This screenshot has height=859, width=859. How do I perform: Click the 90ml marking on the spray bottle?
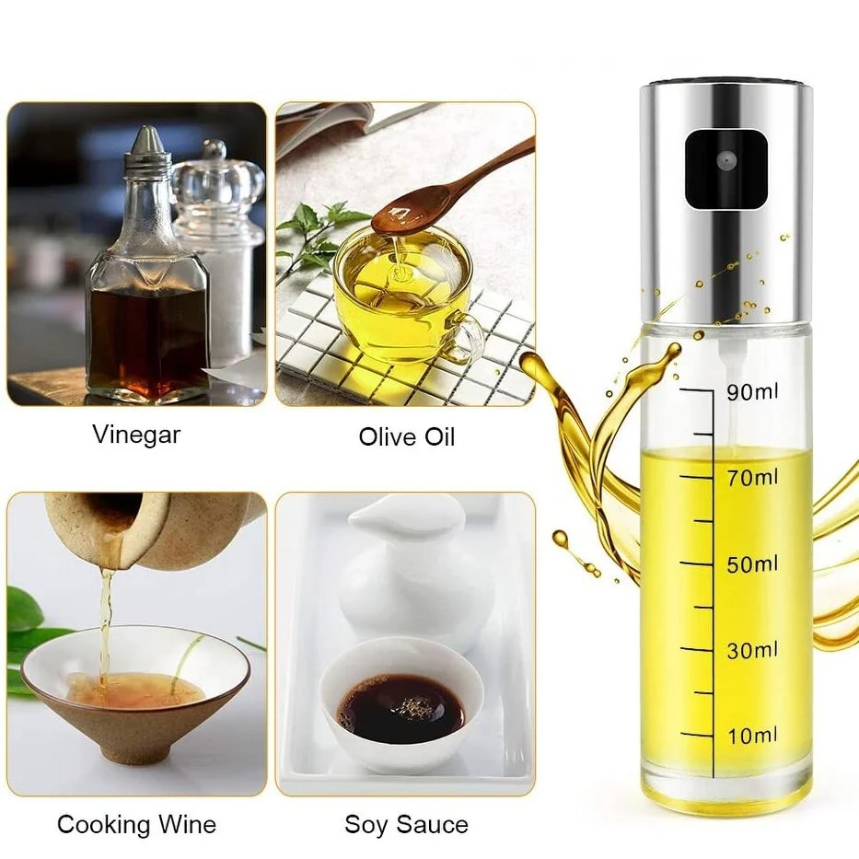tap(752, 391)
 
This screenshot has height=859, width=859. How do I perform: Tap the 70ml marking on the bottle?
tap(752, 478)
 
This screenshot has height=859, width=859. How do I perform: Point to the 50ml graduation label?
tap(752, 564)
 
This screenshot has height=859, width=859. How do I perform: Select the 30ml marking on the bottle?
tap(752, 650)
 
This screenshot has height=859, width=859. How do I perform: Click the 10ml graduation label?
tap(752, 736)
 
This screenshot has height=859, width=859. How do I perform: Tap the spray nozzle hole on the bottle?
tap(726, 160)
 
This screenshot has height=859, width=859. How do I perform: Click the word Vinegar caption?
tap(136, 435)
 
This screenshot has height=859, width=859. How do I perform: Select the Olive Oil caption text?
tap(407, 437)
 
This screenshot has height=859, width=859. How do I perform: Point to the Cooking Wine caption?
tap(136, 824)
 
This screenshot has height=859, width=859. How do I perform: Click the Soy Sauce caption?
tap(407, 824)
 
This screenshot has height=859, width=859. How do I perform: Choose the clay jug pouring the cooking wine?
tap(148, 528)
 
